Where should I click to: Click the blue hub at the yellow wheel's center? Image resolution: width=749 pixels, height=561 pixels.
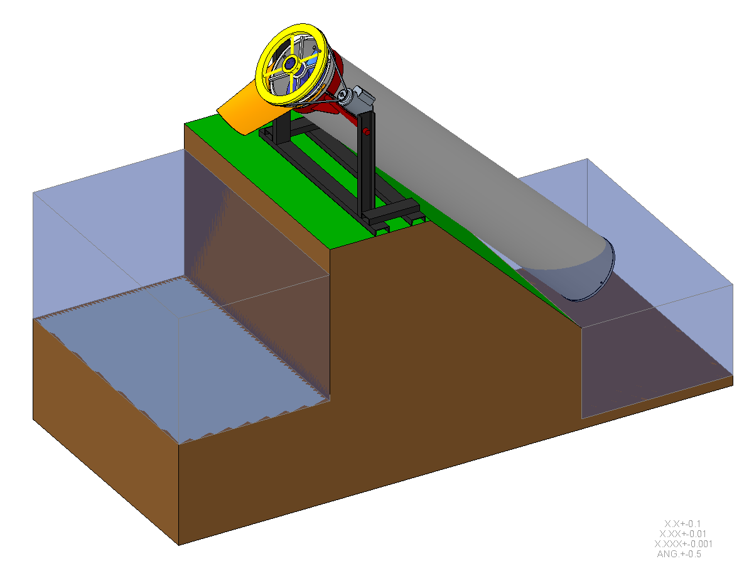(x=289, y=63)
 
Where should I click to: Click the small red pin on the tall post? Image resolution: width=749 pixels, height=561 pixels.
(x=365, y=131)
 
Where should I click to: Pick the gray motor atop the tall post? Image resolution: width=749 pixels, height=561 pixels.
(x=362, y=97)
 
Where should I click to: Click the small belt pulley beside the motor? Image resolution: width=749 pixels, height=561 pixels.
(x=343, y=96)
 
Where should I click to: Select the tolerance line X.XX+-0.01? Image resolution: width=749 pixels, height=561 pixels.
(x=683, y=533)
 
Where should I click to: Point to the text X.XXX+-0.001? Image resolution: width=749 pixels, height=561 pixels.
(x=683, y=543)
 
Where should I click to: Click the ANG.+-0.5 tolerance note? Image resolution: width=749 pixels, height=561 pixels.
(x=679, y=553)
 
